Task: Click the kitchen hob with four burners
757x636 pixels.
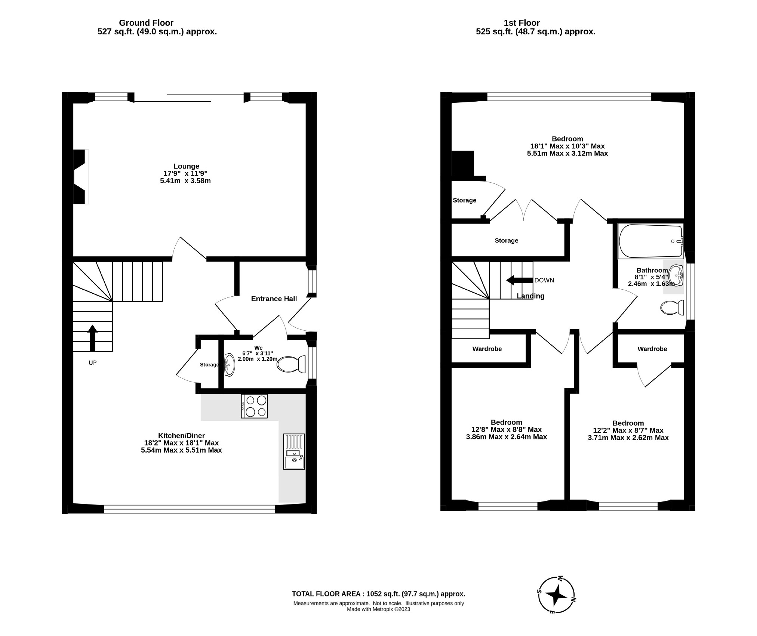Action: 254,406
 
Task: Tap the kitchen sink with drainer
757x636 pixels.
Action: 294,451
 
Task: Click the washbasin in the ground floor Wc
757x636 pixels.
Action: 229,365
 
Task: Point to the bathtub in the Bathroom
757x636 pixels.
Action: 650,241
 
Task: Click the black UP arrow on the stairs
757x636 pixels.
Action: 92,338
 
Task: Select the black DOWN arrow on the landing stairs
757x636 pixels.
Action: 519,280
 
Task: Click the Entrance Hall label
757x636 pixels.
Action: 274,299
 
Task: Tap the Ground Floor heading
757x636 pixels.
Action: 146,23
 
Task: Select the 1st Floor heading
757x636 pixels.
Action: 521,23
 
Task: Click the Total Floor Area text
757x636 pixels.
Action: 378,594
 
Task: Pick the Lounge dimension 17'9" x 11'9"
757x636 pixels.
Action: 186,173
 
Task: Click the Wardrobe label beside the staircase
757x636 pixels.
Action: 487,349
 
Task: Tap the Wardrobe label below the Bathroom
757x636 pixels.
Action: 652,349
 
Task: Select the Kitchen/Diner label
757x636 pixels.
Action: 181,436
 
